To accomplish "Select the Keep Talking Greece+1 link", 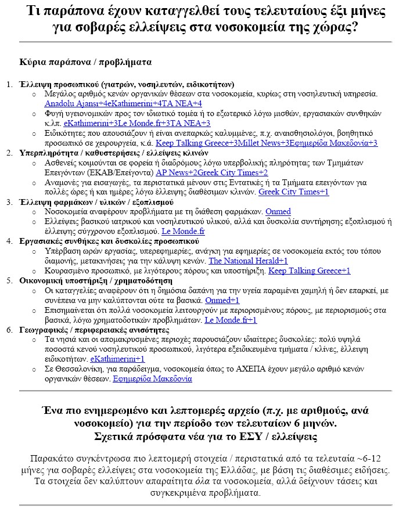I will tap(309, 271).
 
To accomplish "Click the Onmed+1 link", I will tap(222, 301).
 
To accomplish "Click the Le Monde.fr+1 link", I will tap(231, 320).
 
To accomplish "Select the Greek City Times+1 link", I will tap(293, 192).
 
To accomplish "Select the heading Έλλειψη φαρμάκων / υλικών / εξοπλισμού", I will tap(98, 202).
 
